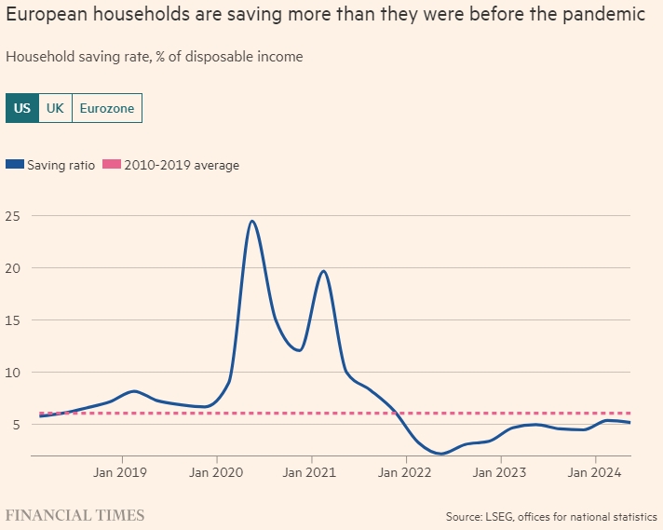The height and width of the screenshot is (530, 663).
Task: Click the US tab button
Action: point(22,108)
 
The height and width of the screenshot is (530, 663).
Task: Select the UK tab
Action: point(55,108)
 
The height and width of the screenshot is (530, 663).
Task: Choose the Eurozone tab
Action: point(106,108)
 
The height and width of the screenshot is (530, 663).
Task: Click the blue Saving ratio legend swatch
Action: point(14,165)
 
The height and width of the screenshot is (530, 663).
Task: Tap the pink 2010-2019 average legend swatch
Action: point(111,165)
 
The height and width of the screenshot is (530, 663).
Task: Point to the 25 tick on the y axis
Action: point(14,216)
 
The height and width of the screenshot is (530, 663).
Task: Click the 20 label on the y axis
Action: point(14,268)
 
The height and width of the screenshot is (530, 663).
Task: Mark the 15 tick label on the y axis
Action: point(14,320)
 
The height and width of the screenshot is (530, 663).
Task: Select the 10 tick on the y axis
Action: point(14,373)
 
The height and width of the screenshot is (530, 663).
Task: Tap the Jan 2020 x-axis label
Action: point(216,472)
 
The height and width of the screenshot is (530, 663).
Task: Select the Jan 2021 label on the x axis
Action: point(311,472)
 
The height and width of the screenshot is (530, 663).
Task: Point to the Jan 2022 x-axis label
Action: point(406,472)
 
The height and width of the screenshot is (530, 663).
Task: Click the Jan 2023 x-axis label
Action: point(500,472)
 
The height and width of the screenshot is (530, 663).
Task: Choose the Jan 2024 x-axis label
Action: point(595,472)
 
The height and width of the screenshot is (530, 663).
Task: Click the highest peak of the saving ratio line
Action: point(251,221)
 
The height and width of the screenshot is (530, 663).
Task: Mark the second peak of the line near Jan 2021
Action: point(323,271)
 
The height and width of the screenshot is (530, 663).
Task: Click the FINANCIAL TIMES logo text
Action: point(75,514)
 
